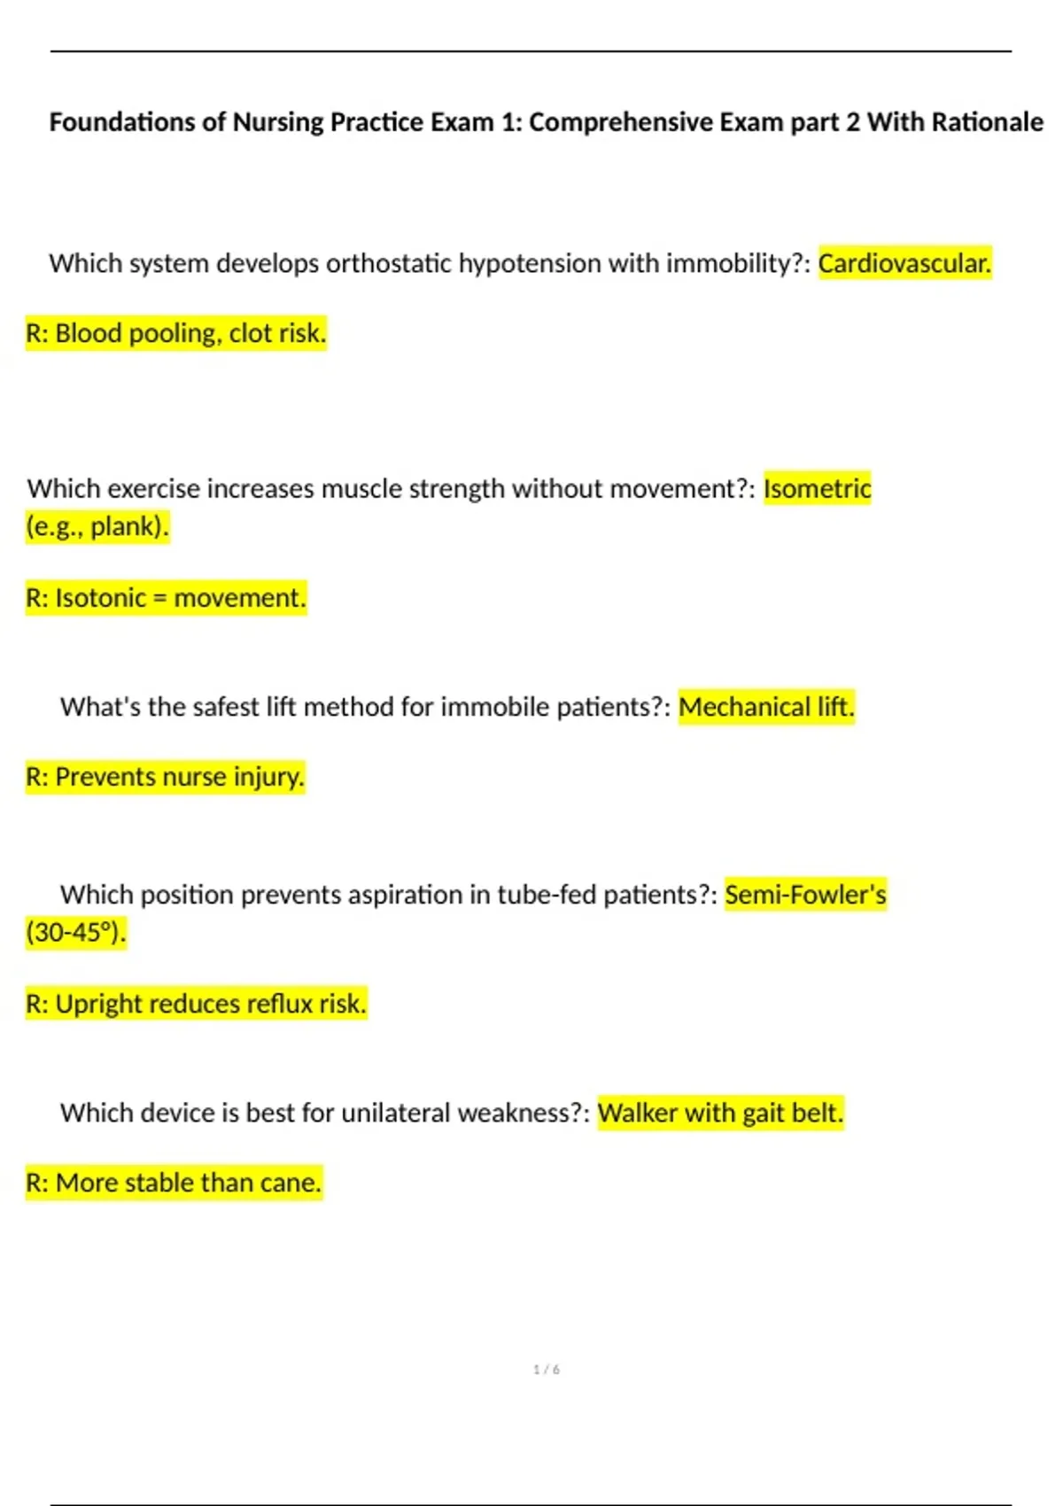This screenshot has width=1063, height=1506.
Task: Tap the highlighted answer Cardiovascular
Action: tap(904, 263)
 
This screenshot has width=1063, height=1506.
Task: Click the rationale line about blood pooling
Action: tap(176, 333)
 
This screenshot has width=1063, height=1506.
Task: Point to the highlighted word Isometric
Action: tap(817, 488)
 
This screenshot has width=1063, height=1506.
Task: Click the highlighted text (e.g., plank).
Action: tap(97, 526)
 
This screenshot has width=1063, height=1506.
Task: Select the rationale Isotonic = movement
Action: tap(166, 598)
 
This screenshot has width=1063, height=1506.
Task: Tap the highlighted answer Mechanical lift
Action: tap(766, 707)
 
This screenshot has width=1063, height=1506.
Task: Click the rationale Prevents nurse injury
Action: tap(166, 777)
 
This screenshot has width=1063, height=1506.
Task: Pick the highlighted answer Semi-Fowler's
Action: tap(805, 895)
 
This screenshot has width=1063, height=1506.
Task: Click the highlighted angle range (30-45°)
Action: tap(76, 932)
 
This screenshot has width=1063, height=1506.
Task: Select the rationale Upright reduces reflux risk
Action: tap(196, 1004)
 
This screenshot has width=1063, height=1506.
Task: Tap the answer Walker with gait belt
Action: tap(720, 1113)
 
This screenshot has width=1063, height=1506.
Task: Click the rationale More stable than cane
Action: tap(174, 1183)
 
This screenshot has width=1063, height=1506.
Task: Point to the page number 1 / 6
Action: tap(547, 1370)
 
